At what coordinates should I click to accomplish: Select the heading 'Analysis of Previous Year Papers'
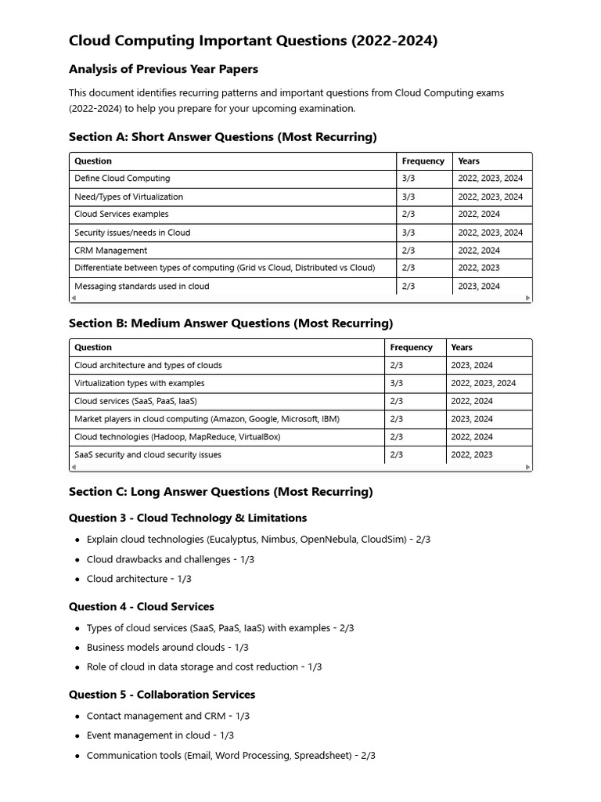(x=164, y=69)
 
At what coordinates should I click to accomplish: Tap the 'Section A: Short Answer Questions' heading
(x=222, y=137)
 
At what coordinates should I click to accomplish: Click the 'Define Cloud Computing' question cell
(x=122, y=179)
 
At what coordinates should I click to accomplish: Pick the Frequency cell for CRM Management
(x=408, y=251)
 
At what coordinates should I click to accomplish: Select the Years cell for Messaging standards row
(x=479, y=287)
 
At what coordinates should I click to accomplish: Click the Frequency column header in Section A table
(x=423, y=161)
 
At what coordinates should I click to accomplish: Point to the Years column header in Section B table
(x=462, y=348)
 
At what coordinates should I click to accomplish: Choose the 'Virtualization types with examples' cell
(x=139, y=384)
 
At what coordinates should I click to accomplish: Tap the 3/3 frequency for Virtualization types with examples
(x=396, y=384)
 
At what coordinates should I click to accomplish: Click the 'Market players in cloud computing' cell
(x=207, y=420)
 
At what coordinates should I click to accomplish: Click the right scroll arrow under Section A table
(x=528, y=298)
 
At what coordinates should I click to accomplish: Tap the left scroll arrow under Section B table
(x=74, y=468)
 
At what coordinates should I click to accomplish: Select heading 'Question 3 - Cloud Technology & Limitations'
(x=188, y=518)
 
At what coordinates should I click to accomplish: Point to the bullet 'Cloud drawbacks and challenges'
(x=159, y=560)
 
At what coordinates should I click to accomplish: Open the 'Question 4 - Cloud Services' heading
(x=141, y=607)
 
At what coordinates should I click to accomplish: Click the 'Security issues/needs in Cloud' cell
(x=132, y=233)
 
